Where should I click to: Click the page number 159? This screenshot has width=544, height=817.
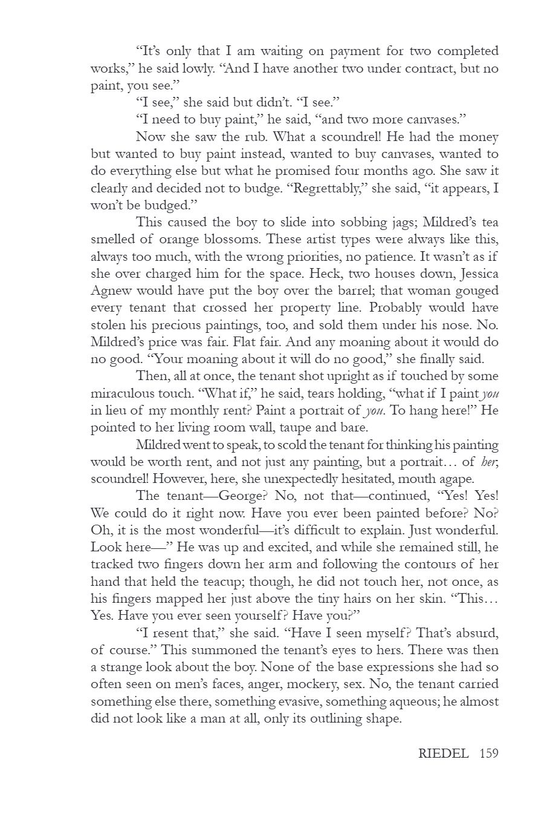click(488, 754)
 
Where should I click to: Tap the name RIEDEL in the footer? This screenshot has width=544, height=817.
click(443, 754)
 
